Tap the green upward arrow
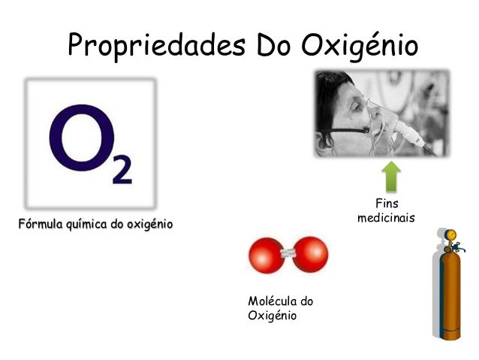click(390, 176)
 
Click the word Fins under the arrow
click(387, 204)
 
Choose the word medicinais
click(387, 218)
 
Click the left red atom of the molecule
click(265, 255)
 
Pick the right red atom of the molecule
click(310, 255)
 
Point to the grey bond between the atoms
click(288, 255)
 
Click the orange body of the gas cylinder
click(450, 293)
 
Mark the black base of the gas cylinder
click(450, 337)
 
